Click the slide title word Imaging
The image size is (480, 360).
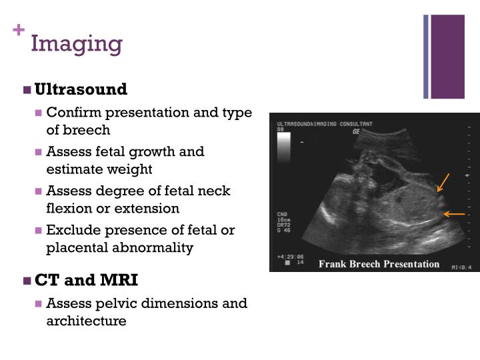(77, 44)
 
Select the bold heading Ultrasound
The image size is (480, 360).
(81, 89)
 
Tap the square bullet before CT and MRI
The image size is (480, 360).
(27, 280)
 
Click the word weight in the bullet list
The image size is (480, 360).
(133, 169)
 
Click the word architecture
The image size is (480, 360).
(86, 321)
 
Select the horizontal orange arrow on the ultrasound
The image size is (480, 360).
(454, 214)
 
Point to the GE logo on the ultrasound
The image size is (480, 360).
(357, 132)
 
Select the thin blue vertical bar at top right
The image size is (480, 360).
(426, 56)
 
